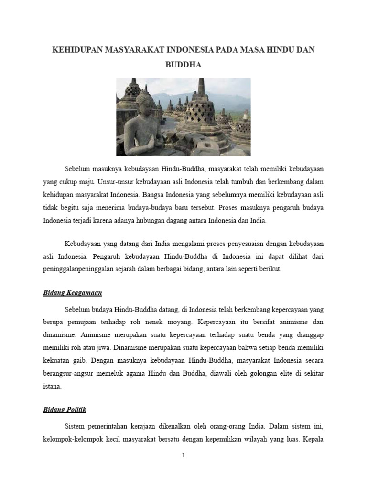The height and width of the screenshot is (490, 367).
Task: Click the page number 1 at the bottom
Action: point(183,456)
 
